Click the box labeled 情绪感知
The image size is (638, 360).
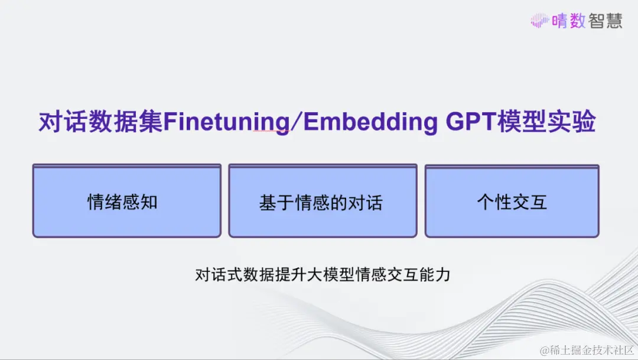(x=127, y=201)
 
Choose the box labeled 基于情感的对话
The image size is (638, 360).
(x=323, y=201)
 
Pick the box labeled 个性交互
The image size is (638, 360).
(x=512, y=201)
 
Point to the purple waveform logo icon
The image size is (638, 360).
(x=540, y=20)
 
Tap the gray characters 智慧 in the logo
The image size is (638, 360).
(x=605, y=21)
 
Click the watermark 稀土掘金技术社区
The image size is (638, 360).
(x=591, y=350)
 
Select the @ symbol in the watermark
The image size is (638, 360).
(x=545, y=351)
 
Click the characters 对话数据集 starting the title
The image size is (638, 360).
(x=100, y=122)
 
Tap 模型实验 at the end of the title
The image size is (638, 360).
(x=546, y=121)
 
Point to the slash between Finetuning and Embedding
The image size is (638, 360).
(x=297, y=122)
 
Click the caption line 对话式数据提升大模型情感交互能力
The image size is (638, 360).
(x=323, y=275)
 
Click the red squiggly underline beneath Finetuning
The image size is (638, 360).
(x=270, y=132)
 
